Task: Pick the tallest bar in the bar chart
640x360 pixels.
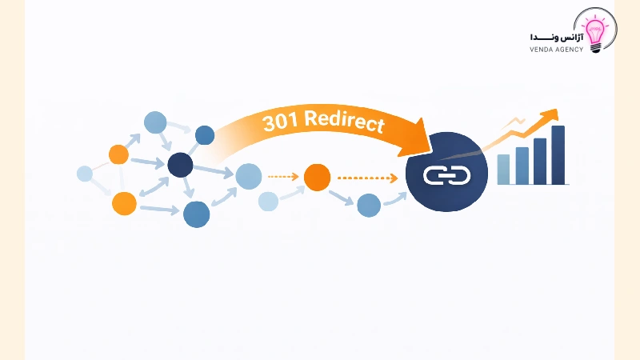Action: click(558, 155)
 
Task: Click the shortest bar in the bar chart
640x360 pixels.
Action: click(504, 169)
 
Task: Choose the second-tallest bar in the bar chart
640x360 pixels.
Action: click(540, 161)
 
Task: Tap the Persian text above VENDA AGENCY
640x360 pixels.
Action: click(554, 36)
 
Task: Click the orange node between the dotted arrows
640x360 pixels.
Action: click(317, 178)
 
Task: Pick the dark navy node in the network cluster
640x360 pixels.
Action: click(180, 166)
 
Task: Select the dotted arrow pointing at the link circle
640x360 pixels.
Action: click(369, 178)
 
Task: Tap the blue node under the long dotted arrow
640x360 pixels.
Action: click(368, 205)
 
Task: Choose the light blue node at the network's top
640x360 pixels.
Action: click(154, 122)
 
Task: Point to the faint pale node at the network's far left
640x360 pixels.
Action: click(85, 174)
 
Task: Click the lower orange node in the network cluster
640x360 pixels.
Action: click(124, 204)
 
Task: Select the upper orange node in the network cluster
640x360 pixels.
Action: click(118, 154)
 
